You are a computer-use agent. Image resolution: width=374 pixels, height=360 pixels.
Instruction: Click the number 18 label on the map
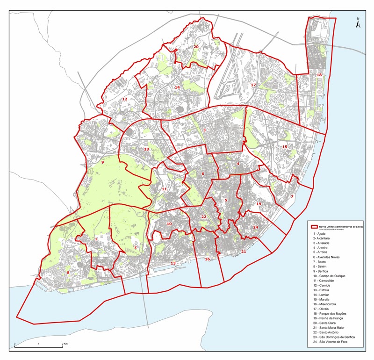(319, 75)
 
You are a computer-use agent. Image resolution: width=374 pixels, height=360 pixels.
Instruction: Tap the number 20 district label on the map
(196, 47)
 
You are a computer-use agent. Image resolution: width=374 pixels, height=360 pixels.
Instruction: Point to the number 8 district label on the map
(68, 273)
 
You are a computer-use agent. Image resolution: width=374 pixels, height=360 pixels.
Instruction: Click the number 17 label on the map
(253, 85)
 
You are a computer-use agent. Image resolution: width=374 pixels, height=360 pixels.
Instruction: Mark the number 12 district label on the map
(125, 99)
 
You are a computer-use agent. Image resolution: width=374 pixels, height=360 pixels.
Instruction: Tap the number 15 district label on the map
(284, 147)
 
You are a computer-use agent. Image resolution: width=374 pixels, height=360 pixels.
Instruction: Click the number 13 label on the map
(173, 263)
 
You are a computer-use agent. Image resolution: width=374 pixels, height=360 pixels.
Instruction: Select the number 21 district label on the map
(244, 252)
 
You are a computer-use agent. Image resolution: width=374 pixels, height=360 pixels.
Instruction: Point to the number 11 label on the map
(164, 189)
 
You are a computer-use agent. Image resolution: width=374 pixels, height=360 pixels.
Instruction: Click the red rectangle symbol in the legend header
(314, 225)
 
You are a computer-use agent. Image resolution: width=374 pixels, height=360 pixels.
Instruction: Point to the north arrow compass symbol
(357, 24)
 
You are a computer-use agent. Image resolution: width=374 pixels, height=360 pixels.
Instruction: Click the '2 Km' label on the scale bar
(64, 344)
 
